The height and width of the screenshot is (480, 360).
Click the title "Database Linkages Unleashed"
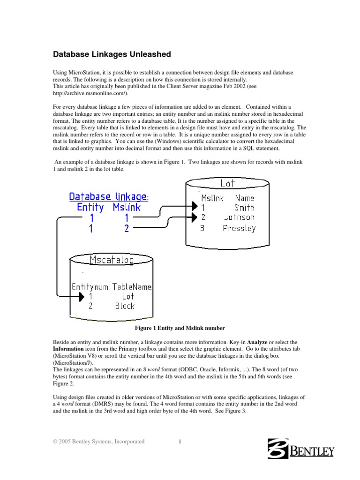112,54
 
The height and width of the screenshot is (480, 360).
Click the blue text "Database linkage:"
109,197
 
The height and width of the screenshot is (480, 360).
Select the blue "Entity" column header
90,208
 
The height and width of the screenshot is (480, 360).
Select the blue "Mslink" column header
127,208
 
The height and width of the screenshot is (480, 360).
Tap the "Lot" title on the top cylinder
228,184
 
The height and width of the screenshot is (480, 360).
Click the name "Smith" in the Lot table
244,208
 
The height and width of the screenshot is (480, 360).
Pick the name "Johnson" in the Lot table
239,217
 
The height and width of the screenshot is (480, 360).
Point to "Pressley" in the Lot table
239,228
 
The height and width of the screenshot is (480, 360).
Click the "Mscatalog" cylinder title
112,260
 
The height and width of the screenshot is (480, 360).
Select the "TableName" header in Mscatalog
132,286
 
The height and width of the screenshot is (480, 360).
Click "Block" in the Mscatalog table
125,306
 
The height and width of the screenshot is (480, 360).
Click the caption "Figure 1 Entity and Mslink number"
180,328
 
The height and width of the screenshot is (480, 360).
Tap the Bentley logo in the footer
300,448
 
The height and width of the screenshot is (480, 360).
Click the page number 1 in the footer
180,442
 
